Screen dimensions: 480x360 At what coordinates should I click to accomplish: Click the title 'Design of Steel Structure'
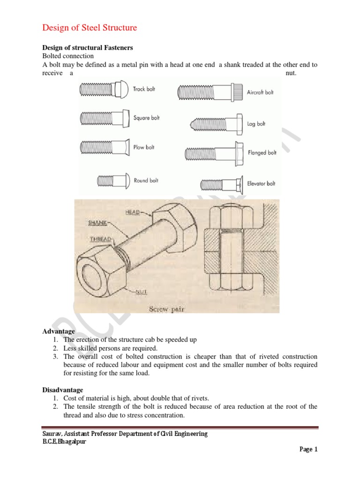pos(90,28)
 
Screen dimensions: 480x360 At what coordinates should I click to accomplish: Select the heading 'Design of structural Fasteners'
pos(88,47)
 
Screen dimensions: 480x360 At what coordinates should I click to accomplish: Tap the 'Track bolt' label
pos(144,89)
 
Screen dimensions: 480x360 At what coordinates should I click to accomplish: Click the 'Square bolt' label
pos(146,118)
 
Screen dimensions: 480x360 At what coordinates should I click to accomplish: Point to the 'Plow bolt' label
pos(144,148)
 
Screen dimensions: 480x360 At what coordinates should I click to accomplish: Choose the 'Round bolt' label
pos(146,180)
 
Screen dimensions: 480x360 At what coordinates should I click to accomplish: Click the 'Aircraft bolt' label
pos(260,93)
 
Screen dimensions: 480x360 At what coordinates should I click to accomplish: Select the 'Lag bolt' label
pos(256,124)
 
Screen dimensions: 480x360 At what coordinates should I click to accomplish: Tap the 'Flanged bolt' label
pos(262,153)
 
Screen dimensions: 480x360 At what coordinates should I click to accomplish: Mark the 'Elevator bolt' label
pos(261,184)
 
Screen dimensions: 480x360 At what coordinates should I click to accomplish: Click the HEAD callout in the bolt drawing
pos(132,212)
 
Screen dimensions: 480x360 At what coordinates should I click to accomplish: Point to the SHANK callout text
pos(97,223)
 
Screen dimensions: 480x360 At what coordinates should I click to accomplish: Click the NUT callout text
pos(141,292)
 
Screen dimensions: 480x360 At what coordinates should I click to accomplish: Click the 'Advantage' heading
pos(59,331)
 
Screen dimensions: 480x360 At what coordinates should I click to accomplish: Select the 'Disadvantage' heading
pos(63,390)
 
